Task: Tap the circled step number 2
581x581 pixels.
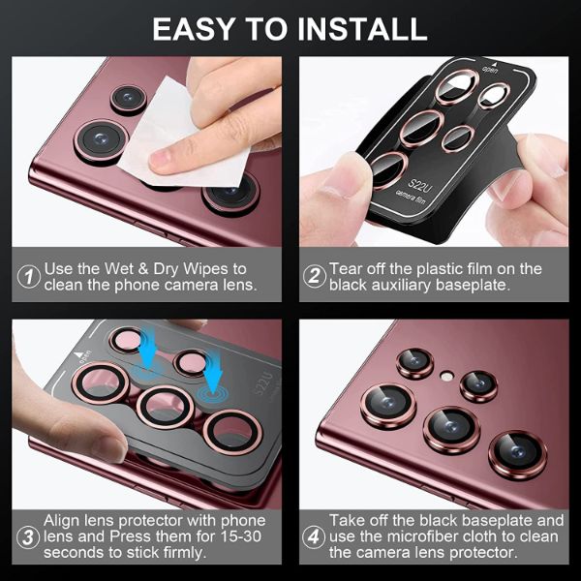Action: tap(313, 276)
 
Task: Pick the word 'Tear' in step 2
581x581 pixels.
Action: tap(347, 268)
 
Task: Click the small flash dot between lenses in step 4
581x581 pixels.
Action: tap(446, 375)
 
